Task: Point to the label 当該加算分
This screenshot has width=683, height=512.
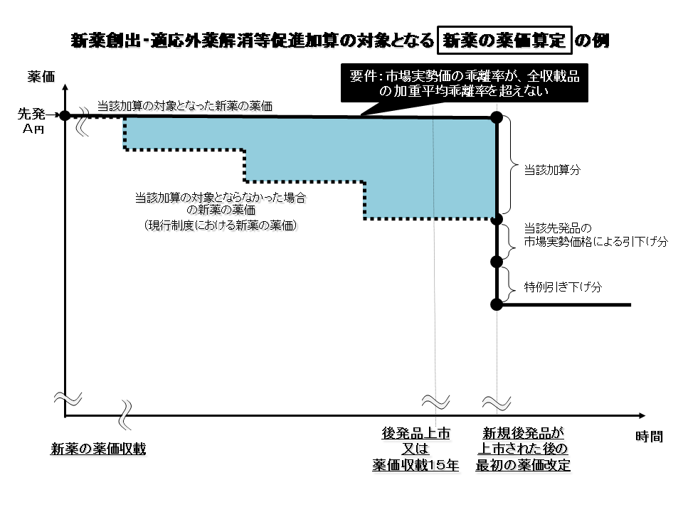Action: [x=553, y=171]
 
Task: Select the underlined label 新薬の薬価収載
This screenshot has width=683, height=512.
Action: [x=98, y=449]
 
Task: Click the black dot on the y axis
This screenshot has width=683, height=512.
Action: [x=65, y=115]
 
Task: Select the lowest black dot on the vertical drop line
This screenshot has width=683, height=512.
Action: [x=497, y=304]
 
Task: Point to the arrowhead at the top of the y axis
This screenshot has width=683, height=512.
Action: [x=65, y=87]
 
